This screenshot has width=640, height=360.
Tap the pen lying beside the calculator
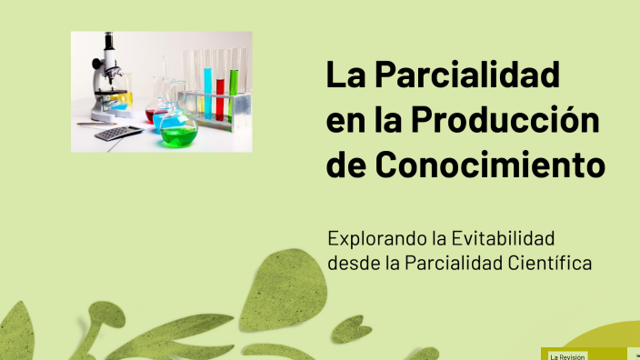pos(95,124)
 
